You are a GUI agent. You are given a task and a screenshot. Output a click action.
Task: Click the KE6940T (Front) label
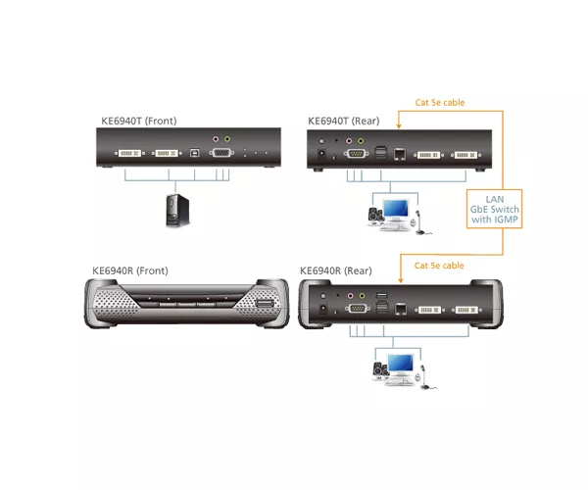tap(139, 122)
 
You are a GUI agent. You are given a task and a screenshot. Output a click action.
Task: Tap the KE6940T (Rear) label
tap(344, 122)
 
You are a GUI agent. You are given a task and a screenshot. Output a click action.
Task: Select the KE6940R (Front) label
tap(130, 270)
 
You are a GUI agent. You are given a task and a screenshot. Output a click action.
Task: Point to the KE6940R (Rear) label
tap(336, 270)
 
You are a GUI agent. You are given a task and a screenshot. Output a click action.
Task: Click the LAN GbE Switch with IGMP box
tap(494, 209)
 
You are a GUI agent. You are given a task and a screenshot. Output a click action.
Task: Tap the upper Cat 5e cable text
tap(440, 102)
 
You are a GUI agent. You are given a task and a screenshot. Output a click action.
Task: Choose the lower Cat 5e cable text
tap(439, 266)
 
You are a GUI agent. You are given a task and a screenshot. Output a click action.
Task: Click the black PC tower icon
tap(177, 211)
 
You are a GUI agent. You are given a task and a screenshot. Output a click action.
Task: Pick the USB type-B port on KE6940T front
tap(195, 153)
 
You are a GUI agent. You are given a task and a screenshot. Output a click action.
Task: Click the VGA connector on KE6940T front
tap(221, 153)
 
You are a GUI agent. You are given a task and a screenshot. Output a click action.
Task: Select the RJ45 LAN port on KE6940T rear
tap(400, 154)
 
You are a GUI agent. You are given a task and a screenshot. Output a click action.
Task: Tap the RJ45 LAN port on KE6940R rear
tap(401, 310)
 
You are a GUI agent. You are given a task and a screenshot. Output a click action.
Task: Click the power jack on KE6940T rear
tap(321, 153)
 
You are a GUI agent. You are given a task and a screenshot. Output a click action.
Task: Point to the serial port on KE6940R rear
tap(357, 309)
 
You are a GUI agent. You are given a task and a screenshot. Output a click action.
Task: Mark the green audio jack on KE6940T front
tap(227, 139)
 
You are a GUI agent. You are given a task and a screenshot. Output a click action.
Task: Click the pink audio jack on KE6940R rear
tap(350, 296)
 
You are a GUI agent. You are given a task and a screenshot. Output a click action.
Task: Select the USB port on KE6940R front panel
tap(264, 304)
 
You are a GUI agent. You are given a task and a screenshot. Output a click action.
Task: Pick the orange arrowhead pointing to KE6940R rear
tap(401, 280)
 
